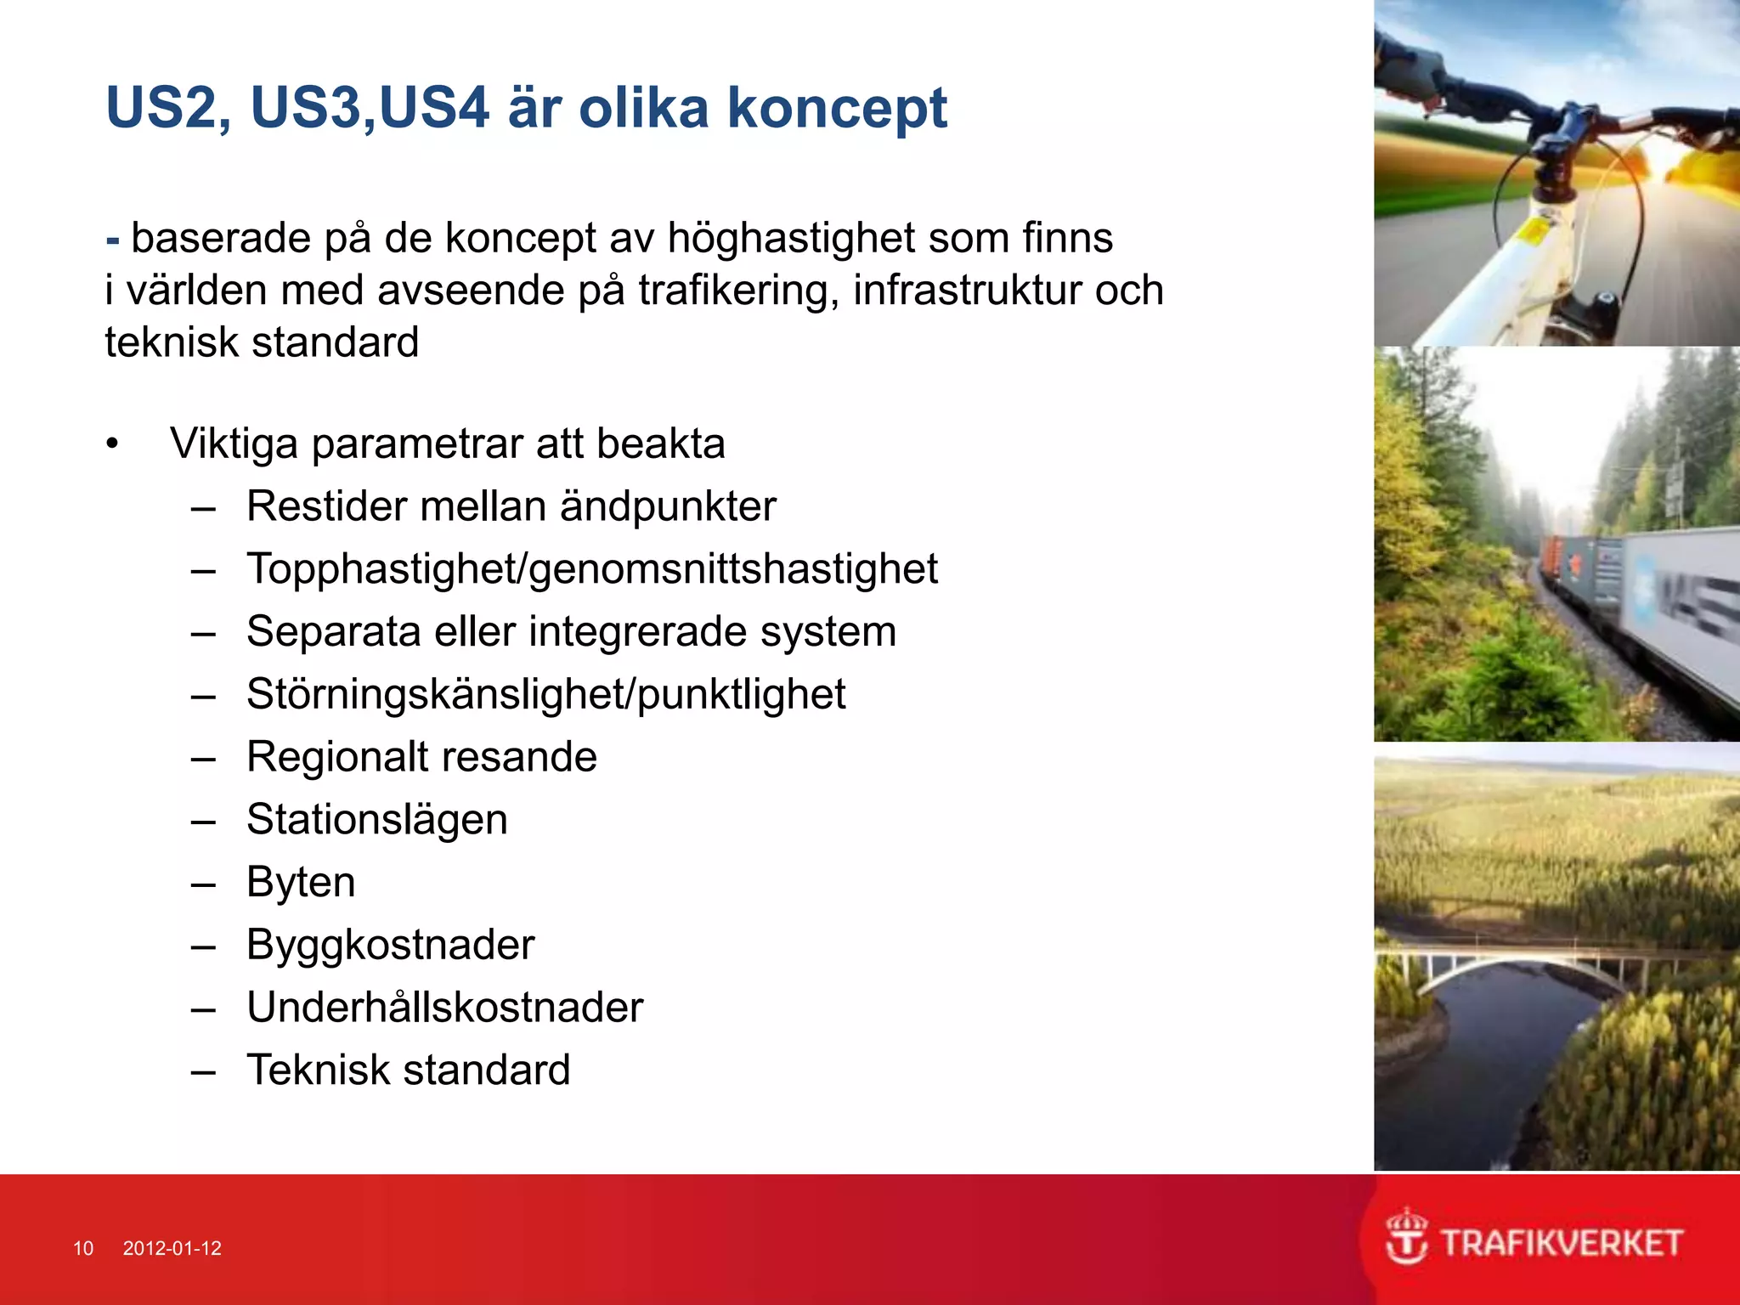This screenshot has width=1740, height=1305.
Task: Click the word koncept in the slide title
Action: (836, 109)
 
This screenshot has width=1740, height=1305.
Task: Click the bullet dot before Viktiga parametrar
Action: (112, 444)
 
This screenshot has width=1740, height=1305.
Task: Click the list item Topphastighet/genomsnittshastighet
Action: (591, 569)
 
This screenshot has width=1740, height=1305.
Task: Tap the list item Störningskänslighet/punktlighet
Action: (545, 695)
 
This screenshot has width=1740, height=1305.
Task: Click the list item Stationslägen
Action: (376, 820)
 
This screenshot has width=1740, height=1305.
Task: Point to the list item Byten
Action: (301, 882)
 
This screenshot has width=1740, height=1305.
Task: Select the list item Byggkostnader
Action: (390, 945)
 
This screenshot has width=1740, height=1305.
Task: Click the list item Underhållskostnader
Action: (444, 1008)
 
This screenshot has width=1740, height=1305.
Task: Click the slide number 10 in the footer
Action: (83, 1248)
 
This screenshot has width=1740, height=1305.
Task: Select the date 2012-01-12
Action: (172, 1248)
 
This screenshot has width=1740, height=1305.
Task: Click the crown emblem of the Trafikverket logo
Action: (1406, 1235)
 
